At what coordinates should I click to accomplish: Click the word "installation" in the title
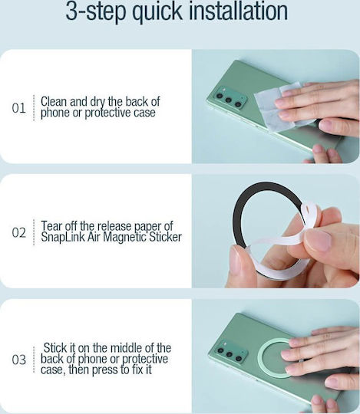click(x=239, y=11)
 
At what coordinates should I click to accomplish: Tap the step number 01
click(x=18, y=108)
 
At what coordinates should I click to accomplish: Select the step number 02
click(x=18, y=232)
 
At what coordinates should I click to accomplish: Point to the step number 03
click(x=18, y=360)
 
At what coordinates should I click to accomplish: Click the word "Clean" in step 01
click(x=54, y=101)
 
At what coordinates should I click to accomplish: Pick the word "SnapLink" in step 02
click(x=63, y=237)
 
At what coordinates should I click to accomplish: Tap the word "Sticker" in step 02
click(x=165, y=237)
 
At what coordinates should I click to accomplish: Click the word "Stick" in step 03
click(x=55, y=347)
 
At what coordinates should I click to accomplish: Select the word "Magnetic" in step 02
click(x=124, y=237)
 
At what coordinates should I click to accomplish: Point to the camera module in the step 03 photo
click(x=230, y=352)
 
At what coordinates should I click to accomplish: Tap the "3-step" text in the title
click(x=96, y=12)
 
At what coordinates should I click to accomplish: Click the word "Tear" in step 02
click(x=51, y=226)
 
